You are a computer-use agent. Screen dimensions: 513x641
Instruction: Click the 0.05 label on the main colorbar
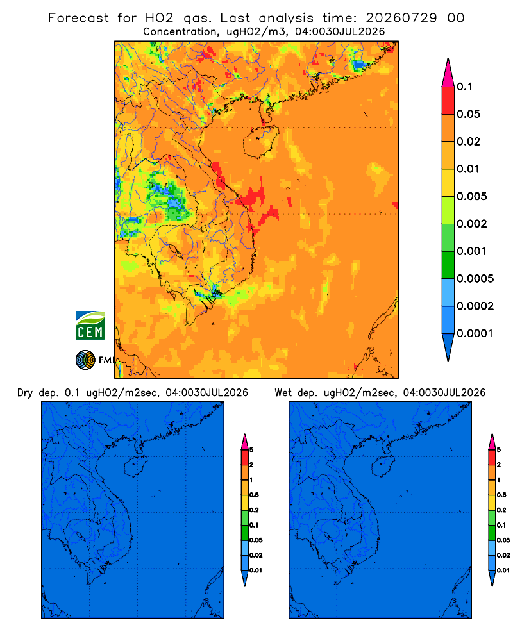pos(468,114)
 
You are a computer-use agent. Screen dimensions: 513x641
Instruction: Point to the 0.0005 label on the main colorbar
pos(475,279)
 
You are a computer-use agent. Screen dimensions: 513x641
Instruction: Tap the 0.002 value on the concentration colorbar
pos(472,224)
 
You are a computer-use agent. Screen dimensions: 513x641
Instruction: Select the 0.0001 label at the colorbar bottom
pos(475,333)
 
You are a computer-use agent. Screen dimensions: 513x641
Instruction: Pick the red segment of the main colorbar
pos(448,101)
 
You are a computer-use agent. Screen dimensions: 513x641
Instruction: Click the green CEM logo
pos(90,326)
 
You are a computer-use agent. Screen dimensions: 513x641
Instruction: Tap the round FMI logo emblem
pos(85,360)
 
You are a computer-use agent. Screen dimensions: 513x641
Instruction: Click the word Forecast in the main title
pos(78,18)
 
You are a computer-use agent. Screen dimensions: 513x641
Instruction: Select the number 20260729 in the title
pos(401,18)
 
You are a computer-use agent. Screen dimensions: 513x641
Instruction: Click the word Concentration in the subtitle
pos(180,32)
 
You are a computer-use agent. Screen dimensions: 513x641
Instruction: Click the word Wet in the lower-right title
pos(283,393)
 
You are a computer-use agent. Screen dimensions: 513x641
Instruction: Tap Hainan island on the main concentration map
pos(260,142)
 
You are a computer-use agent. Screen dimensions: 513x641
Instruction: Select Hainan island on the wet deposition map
pos(383,467)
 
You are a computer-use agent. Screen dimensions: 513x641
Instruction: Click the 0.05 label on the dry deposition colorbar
pos(256,540)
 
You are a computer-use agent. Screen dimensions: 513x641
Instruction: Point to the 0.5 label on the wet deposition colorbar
pos(501,495)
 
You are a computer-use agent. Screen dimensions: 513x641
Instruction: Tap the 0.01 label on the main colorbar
pos(468,169)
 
